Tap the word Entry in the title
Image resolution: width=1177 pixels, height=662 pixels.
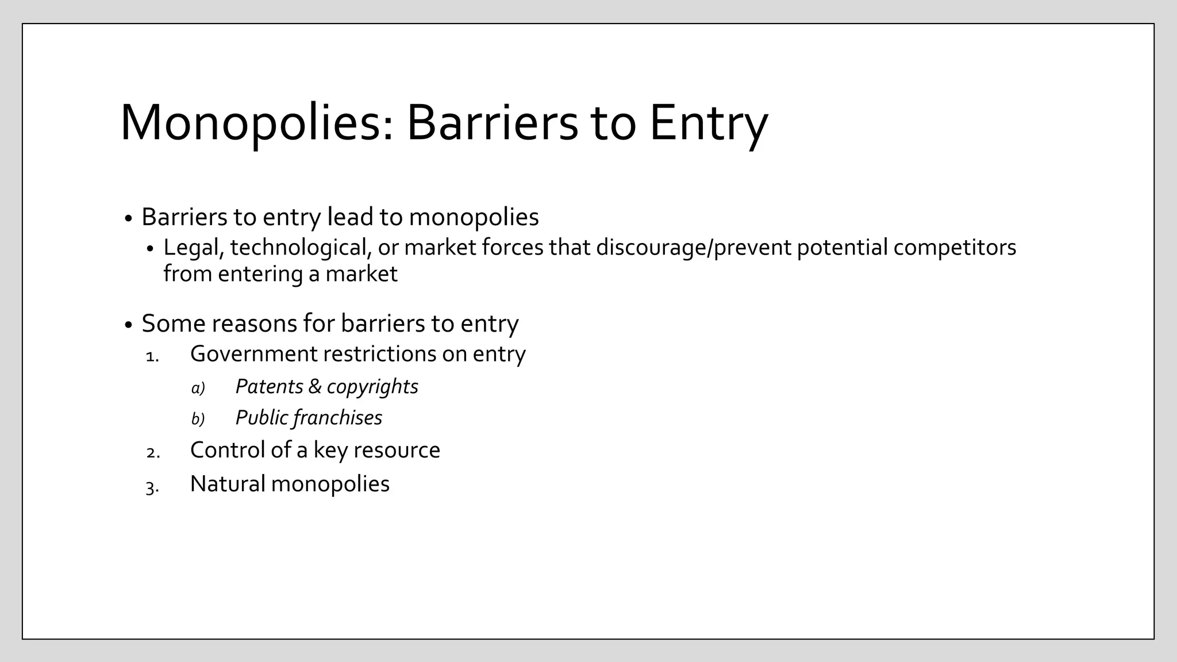point(708,122)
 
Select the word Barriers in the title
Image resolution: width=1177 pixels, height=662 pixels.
point(492,122)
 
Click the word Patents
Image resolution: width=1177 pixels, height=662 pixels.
point(269,386)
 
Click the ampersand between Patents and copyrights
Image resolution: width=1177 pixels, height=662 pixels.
point(314,386)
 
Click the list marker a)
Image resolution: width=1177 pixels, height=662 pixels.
point(198,388)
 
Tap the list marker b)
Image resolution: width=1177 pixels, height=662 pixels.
point(198,419)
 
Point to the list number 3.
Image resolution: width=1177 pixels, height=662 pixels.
point(152,487)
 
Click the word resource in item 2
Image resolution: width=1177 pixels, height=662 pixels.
point(397,450)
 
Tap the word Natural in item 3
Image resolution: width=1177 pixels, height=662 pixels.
point(228,484)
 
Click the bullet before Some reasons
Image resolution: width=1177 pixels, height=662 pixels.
point(128,325)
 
